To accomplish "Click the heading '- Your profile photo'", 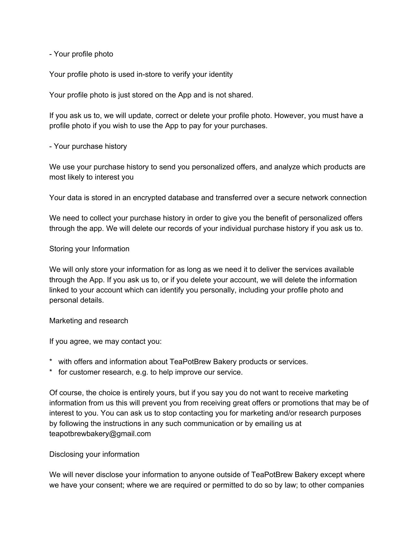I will (x=81, y=54).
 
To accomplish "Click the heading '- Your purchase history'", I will (x=88, y=146).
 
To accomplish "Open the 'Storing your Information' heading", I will (x=89, y=249).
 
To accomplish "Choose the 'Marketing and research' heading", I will (x=89, y=321).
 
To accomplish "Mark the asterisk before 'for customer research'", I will (x=51, y=372).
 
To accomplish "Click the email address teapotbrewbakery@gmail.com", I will (x=100, y=434).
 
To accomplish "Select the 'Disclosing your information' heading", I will (x=94, y=454).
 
